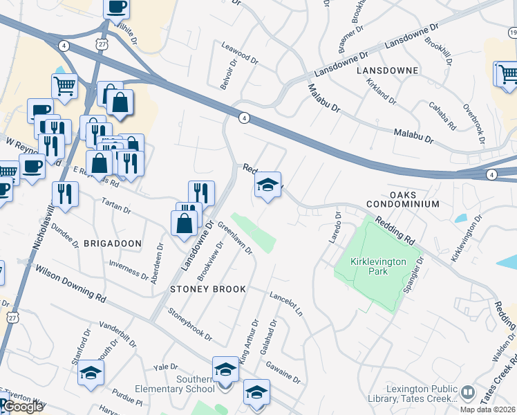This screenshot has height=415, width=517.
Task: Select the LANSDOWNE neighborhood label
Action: [x=387, y=71]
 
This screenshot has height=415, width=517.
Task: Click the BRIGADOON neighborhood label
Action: [x=113, y=243]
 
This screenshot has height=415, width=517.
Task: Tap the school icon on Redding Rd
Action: [x=267, y=185]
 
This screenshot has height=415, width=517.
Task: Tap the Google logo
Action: [x=23, y=407]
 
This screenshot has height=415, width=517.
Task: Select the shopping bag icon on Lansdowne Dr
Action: [x=185, y=223]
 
